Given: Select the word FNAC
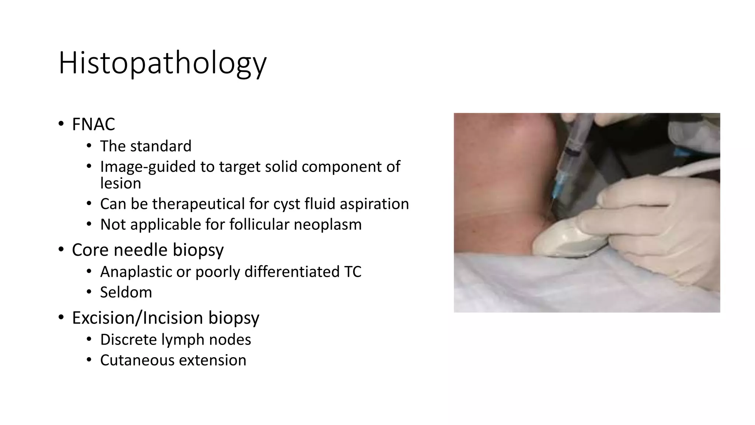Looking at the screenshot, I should click(93, 124).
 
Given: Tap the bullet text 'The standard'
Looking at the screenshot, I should click(146, 146).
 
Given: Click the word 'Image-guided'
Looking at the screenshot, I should click(147, 167).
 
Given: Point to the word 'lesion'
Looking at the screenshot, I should click(121, 183).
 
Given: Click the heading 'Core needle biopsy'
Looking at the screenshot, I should click(147, 250).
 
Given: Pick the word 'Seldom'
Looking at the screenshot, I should click(126, 293).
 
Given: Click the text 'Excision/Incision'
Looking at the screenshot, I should click(137, 318).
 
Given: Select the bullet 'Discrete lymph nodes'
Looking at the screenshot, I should click(175, 340).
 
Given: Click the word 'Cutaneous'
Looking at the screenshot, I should click(137, 360).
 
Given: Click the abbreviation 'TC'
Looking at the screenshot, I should click(352, 272).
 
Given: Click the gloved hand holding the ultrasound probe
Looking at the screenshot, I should click(656, 221).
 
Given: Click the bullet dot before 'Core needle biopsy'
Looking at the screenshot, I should click(61, 250).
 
